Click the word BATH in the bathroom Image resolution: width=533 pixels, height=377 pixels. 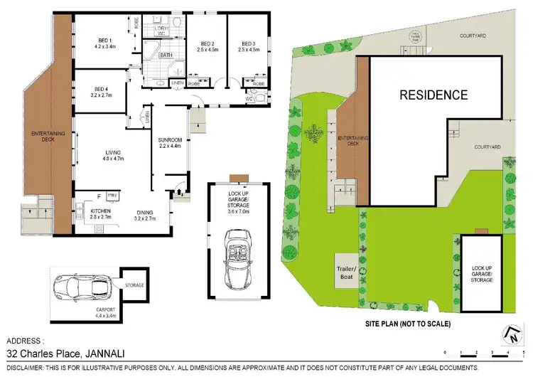(x=166, y=55)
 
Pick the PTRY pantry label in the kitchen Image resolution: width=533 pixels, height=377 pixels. (x=111, y=194)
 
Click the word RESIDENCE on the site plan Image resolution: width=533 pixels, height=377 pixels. (x=432, y=95)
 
